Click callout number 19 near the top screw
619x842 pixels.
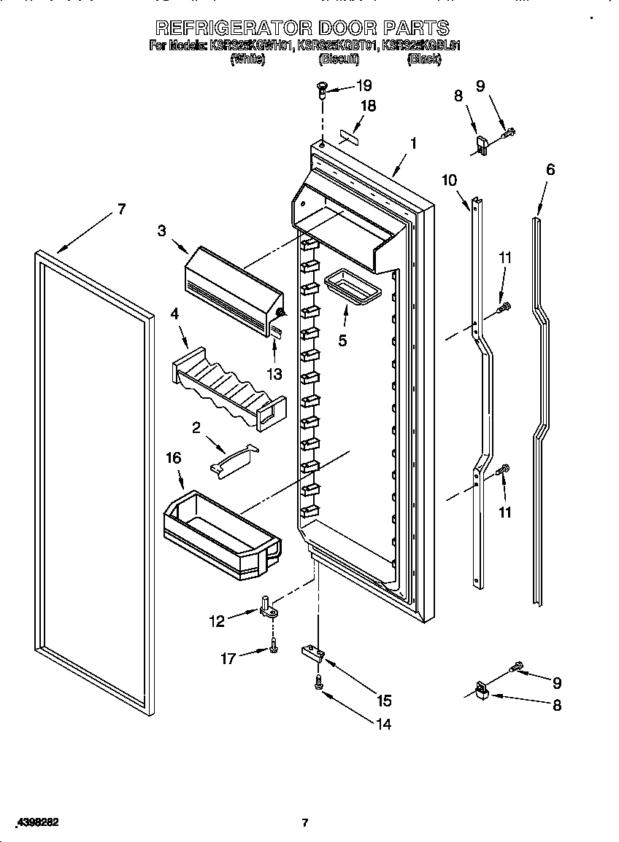pyautogui.click(x=364, y=85)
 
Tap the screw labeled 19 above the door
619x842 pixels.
pyautogui.click(x=322, y=89)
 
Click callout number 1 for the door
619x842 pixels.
pyautogui.click(x=413, y=144)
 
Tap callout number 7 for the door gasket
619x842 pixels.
pyautogui.click(x=121, y=209)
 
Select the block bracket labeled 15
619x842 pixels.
pyautogui.click(x=312, y=651)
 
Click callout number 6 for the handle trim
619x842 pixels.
pyautogui.click(x=550, y=170)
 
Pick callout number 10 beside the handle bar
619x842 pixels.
pyautogui.click(x=449, y=180)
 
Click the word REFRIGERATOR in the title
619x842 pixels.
pyautogui.click(x=233, y=28)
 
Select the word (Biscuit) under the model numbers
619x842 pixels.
pyautogui.click(x=338, y=60)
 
